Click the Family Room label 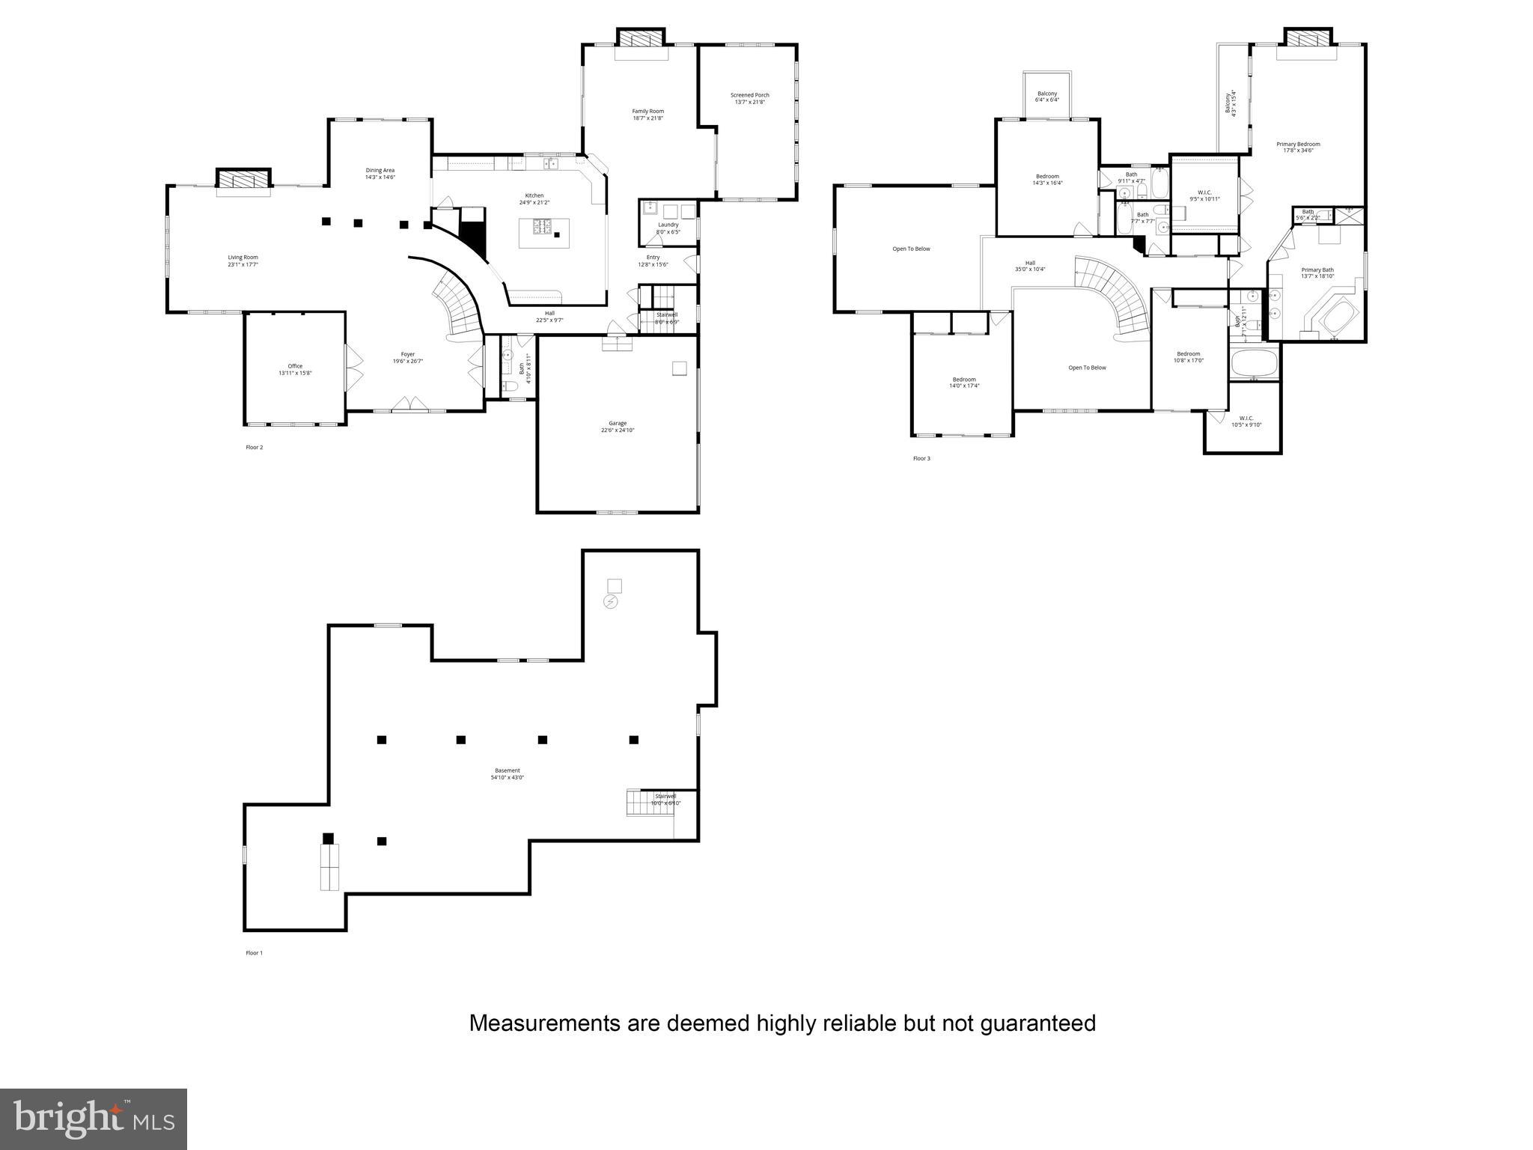click(x=647, y=115)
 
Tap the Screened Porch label click(x=749, y=98)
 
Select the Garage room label click(x=617, y=427)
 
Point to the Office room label click(x=295, y=369)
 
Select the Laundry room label click(x=668, y=228)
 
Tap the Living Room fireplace click(x=243, y=180)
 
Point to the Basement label click(x=507, y=773)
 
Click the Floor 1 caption click(x=255, y=953)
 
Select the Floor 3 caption click(x=921, y=458)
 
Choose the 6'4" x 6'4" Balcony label click(x=1047, y=97)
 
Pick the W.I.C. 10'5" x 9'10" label click(x=1246, y=422)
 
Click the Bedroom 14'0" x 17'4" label click(x=964, y=383)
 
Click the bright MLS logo click(x=94, y=1119)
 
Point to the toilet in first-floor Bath click(x=510, y=387)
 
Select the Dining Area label click(x=380, y=174)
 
